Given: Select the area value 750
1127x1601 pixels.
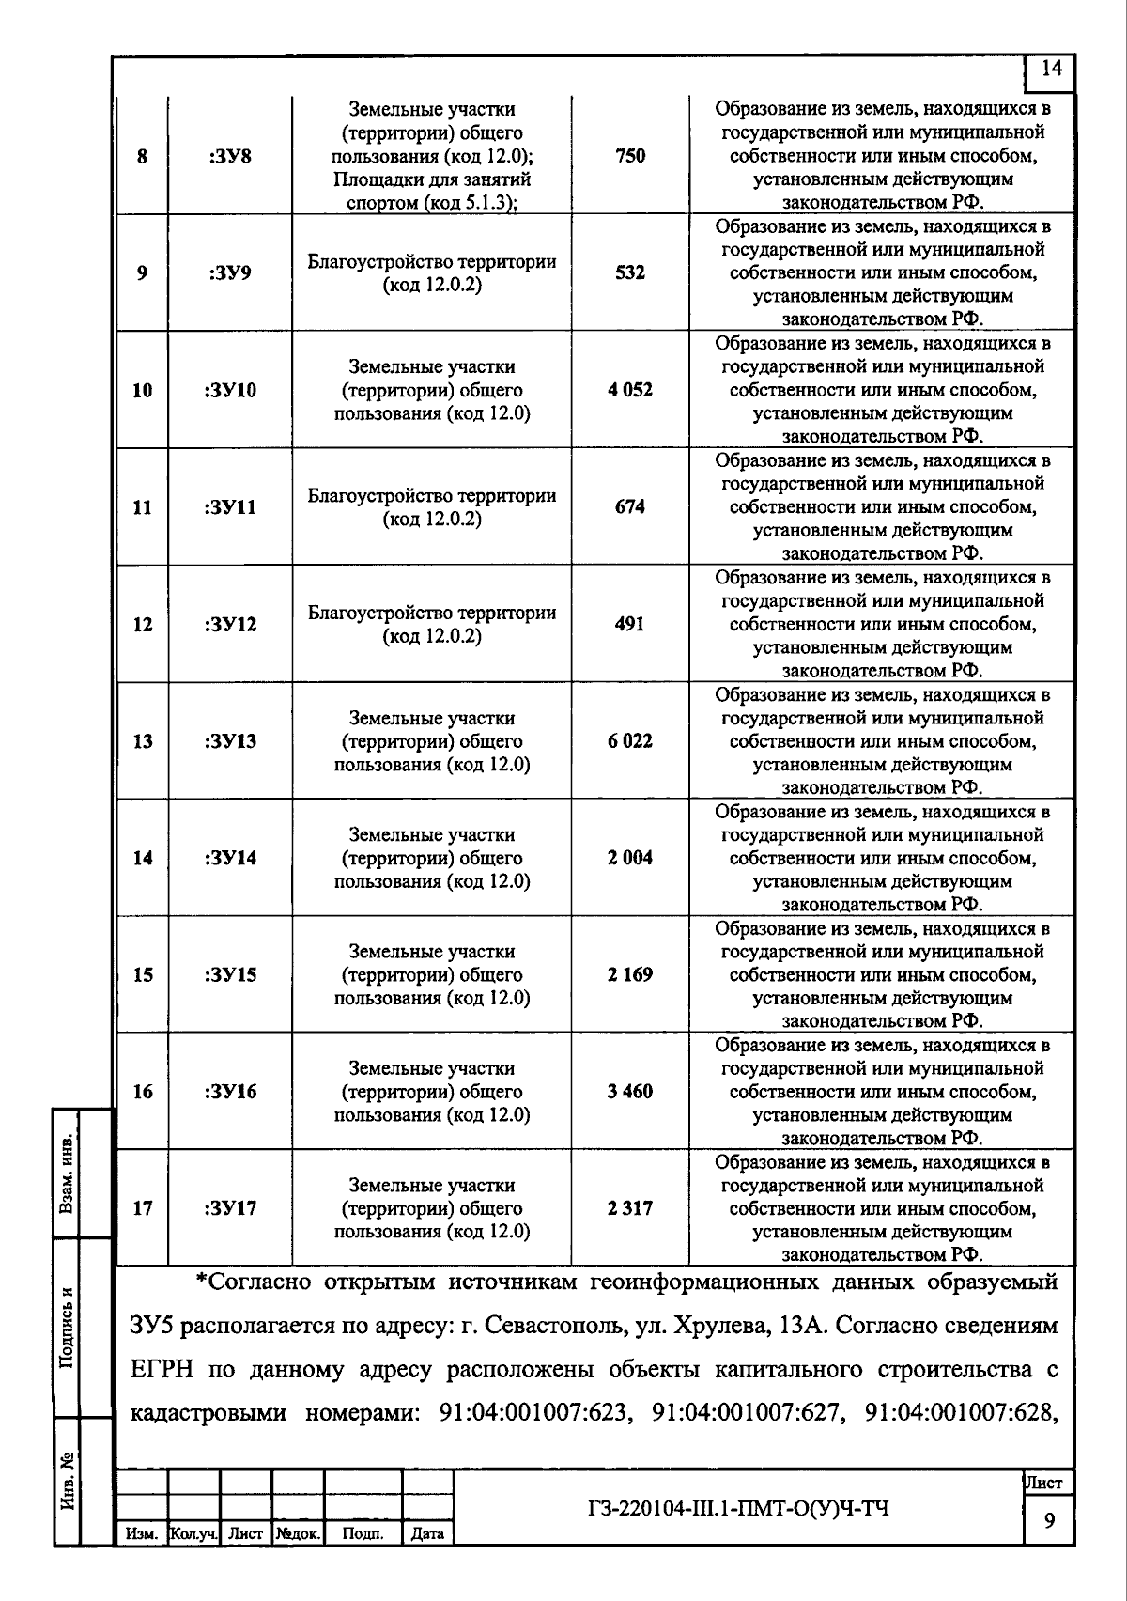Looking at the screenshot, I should coord(630,156).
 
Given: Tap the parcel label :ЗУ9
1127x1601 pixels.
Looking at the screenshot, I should coord(229,273).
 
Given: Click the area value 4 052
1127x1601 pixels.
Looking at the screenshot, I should coord(630,390).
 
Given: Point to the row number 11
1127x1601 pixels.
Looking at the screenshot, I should coord(142,507).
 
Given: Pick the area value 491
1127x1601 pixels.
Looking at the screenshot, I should coord(630,624).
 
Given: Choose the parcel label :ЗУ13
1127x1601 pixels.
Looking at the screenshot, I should coord(229,741).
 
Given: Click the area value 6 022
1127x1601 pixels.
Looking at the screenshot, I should coord(630,740).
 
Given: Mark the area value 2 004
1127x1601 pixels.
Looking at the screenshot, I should coord(630,858).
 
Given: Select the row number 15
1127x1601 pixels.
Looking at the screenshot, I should coord(142,974).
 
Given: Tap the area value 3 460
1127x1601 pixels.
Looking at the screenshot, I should coord(630,1091).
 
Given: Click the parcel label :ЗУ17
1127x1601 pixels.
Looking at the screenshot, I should coord(229,1208).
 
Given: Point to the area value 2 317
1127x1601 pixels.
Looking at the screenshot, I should coord(630,1208).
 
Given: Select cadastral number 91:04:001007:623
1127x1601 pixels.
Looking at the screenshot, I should coord(533,1412).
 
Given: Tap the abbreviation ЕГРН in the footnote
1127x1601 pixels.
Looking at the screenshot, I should coord(161,1370).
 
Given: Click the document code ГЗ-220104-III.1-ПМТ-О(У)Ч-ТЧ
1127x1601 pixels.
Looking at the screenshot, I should coord(737,1509).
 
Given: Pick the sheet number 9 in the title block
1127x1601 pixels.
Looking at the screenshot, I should coord(1048,1520).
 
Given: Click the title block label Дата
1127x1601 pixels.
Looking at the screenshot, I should coord(427,1534).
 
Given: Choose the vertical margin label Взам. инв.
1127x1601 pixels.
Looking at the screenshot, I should coord(68,1174).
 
